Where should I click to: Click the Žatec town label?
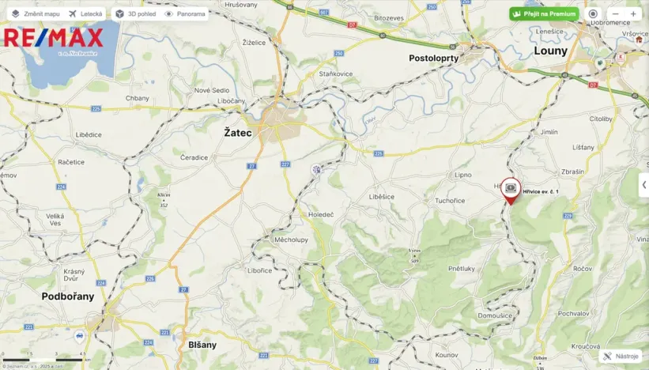(x=237, y=133)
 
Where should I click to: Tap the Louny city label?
(x=550, y=51)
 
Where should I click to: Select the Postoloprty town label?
(x=434, y=59)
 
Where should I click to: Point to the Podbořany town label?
(x=68, y=296)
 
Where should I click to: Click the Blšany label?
(x=202, y=345)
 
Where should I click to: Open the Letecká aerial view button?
(x=85, y=13)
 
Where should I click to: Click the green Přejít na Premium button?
(x=544, y=13)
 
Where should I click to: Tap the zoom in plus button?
(x=632, y=13)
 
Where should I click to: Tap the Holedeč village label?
(x=321, y=213)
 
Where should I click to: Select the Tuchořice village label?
(x=450, y=201)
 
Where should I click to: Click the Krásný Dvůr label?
(x=74, y=276)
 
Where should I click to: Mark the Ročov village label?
(x=583, y=270)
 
